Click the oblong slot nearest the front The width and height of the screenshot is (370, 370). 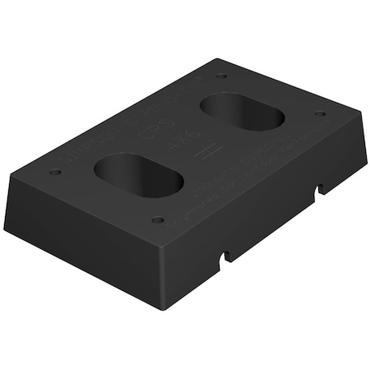click(x=138, y=174)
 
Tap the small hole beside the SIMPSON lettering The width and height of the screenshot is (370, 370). click(x=55, y=173)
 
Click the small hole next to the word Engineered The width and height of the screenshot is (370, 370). click(x=157, y=220)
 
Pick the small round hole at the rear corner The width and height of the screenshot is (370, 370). click(x=221, y=76)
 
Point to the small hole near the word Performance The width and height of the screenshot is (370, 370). click(x=319, y=113)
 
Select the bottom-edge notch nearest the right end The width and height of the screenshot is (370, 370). click(x=318, y=191)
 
